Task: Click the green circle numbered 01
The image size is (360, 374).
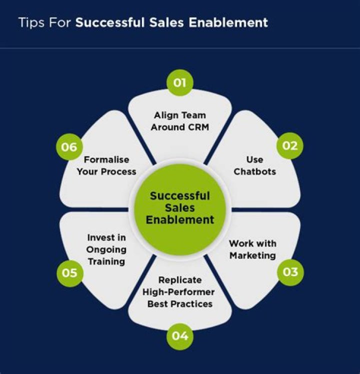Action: [x=179, y=83]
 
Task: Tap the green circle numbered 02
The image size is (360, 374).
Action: [x=290, y=146]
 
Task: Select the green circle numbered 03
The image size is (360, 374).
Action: [x=290, y=272]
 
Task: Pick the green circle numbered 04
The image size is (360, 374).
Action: [x=179, y=336]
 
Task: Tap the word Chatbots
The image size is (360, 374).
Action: [x=254, y=171]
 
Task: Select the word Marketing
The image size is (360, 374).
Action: [x=252, y=255]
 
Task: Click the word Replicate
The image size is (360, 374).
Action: [x=179, y=280]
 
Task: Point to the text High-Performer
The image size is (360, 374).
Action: [x=178, y=292]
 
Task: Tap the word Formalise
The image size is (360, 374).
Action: [x=106, y=160]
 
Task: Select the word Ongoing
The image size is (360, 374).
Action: [x=106, y=249]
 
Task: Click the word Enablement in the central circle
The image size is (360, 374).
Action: [x=180, y=220]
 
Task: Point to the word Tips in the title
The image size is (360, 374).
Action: [x=29, y=22]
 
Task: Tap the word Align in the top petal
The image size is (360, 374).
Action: [x=163, y=115]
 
